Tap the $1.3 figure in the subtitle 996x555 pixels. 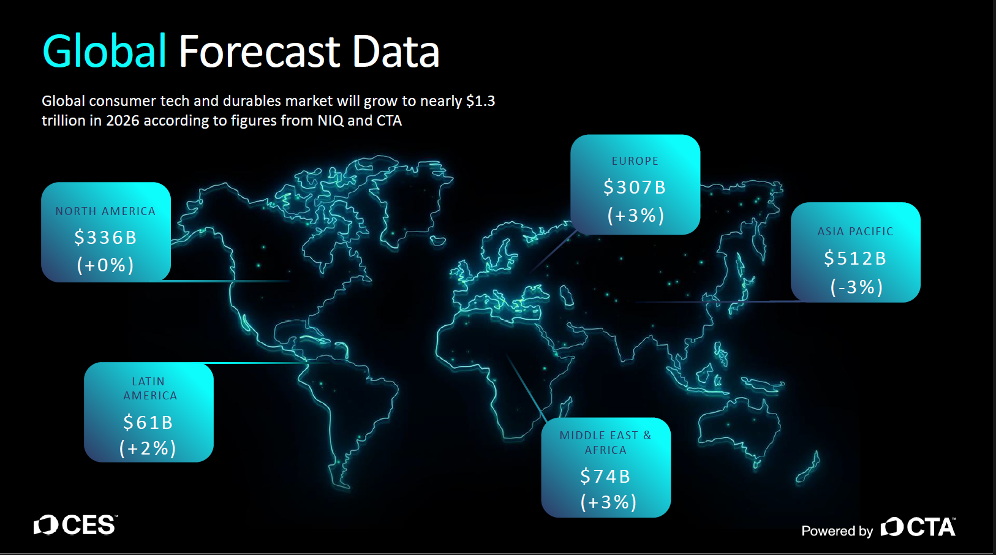481,101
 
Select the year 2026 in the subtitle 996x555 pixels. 123,121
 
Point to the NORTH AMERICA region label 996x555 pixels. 106,211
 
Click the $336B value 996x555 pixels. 106,238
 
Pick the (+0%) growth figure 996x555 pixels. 105,265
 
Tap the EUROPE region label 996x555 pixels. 635,161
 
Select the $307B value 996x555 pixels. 635,187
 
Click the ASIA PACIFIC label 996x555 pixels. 856,232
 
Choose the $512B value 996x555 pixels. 856,259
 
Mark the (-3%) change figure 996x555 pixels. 856,287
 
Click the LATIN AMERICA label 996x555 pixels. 149,388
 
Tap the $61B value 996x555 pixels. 148,422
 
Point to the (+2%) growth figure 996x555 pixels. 148,448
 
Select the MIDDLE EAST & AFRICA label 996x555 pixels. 606,442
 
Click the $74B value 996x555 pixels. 606,477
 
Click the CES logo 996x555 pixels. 75,525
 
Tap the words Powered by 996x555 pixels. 837,531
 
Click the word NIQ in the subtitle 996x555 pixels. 330,121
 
